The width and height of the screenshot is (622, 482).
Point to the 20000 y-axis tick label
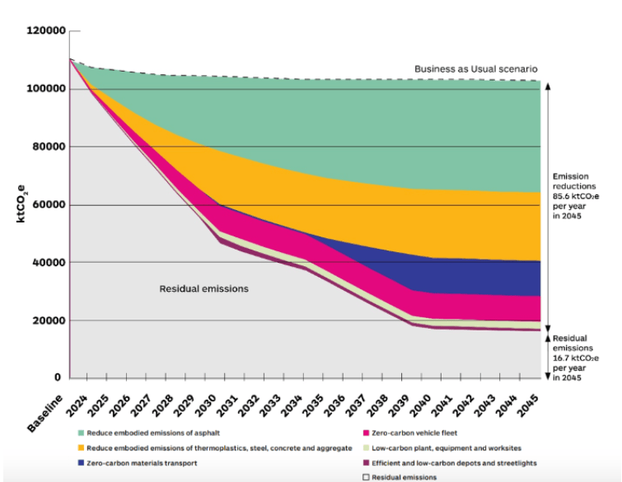pos(44,321)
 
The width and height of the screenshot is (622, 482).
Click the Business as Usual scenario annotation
pos(475,69)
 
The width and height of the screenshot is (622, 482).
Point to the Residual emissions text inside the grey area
pos(203,289)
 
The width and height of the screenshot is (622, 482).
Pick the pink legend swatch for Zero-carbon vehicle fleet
pos(365,433)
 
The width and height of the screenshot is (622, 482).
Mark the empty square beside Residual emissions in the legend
pos(365,477)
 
